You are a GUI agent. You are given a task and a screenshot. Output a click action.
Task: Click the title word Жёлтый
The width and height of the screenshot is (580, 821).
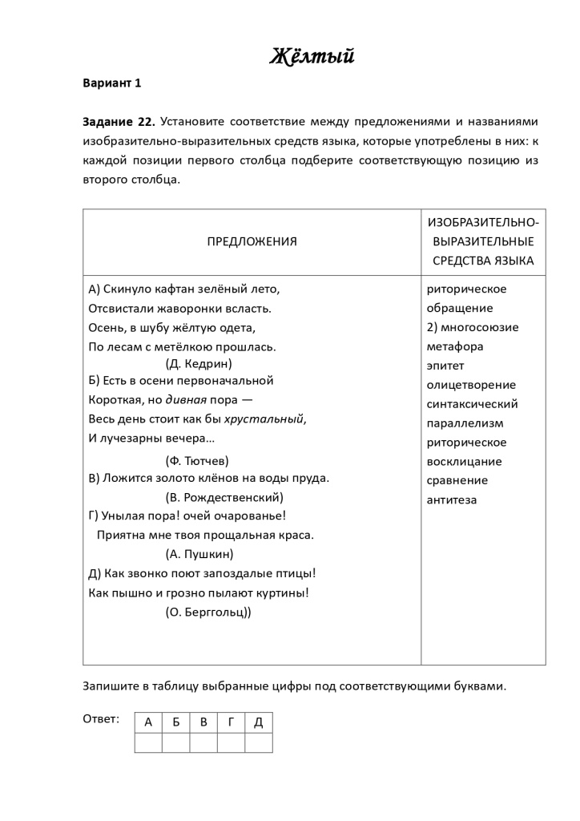(312, 57)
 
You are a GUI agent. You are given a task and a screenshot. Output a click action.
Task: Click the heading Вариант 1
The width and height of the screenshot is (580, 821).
(111, 83)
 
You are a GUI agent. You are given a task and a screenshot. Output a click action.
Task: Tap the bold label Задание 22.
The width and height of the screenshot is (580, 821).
(119, 122)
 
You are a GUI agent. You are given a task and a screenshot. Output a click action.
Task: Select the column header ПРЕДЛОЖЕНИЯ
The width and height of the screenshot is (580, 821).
(252, 241)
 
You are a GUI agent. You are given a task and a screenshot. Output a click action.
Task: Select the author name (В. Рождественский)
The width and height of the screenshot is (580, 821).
(224, 496)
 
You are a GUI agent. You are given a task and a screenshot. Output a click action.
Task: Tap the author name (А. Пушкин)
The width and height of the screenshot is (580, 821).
(199, 554)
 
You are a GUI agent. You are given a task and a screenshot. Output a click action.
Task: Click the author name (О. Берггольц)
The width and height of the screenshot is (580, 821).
(207, 612)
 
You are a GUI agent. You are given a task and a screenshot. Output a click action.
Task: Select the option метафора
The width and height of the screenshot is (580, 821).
(455, 346)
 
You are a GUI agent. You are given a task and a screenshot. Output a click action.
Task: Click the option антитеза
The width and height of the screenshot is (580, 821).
(452, 499)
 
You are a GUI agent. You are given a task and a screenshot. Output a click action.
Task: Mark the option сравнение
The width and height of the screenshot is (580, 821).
(457, 480)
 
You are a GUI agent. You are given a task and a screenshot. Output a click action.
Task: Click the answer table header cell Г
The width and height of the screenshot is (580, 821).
(231, 722)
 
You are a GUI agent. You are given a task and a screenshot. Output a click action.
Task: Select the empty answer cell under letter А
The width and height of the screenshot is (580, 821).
(148, 742)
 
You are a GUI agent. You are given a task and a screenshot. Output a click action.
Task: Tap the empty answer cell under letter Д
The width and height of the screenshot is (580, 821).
(258, 742)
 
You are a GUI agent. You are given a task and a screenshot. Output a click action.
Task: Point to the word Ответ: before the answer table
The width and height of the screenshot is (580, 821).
(101, 718)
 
